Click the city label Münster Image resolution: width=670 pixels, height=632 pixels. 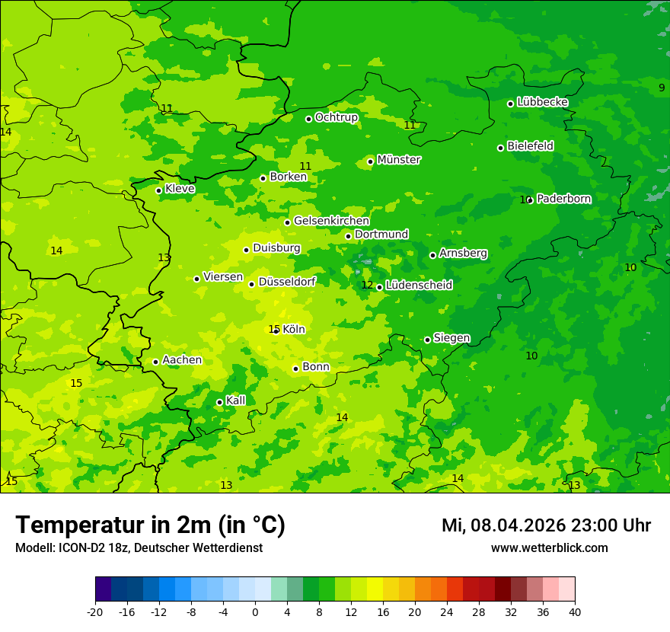pos(399,160)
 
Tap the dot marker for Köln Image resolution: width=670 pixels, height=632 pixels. pos(276,330)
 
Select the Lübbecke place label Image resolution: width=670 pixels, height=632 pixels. pos(542,102)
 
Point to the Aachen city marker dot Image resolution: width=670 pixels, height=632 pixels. pos(155,362)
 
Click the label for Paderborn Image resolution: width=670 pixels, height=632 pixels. pos(563,199)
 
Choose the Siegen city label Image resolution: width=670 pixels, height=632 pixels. pos(451,338)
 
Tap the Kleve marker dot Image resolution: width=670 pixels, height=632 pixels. pos(158,190)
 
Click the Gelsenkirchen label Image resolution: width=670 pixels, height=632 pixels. pos(331,221)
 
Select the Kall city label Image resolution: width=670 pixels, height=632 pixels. pos(236,401)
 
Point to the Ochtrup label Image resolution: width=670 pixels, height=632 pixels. pos(336,117)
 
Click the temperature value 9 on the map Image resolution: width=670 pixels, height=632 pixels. pos(662,88)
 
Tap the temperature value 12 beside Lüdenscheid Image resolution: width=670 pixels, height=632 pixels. pos(367,286)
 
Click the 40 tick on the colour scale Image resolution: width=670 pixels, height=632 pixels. pos(574,611)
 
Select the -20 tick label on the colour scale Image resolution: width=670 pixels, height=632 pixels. pos(95,611)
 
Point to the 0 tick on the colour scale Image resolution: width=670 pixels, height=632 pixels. pos(255,611)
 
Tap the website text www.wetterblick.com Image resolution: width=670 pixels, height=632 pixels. pos(549,547)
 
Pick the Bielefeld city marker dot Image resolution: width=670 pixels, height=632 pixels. pos(500,148)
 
